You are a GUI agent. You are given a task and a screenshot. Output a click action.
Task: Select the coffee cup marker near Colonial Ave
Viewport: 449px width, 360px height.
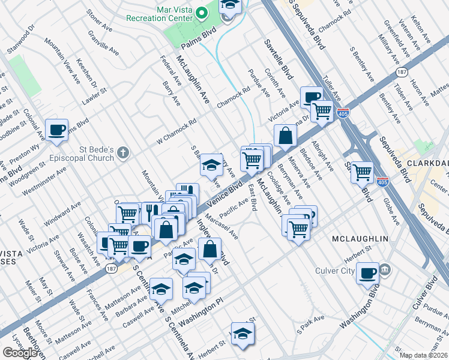point(58,130)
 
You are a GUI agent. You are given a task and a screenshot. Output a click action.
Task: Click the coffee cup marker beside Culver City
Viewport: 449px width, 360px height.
point(367,273)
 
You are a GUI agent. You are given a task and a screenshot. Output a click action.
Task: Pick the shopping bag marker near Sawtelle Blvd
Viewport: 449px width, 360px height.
point(285,136)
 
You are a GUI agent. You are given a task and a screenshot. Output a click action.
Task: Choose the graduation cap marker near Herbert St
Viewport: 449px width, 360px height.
point(243,334)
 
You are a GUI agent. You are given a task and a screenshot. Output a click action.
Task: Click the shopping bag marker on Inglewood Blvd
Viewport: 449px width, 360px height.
point(209,248)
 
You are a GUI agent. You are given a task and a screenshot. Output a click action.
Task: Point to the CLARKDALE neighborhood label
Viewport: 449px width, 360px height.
point(428,163)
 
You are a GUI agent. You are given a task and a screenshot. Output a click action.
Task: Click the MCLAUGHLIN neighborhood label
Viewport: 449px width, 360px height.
point(360,239)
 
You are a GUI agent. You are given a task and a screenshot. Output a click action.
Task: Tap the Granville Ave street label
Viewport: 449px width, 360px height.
point(110,44)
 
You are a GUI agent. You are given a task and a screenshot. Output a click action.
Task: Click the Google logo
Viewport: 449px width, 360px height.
point(20,352)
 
